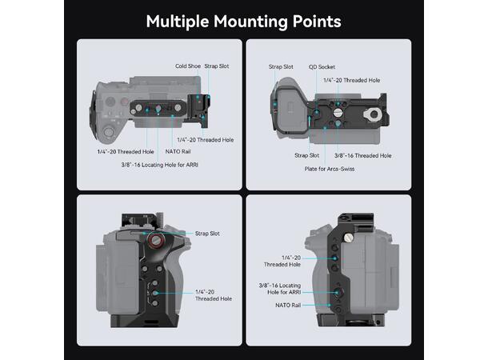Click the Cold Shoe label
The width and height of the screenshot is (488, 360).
[x=188, y=66]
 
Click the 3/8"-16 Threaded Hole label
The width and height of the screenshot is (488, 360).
[x=362, y=155]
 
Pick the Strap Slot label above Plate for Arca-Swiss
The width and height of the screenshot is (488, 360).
[x=306, y=155]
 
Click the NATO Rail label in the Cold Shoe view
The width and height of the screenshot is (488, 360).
[x=178, y=150]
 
